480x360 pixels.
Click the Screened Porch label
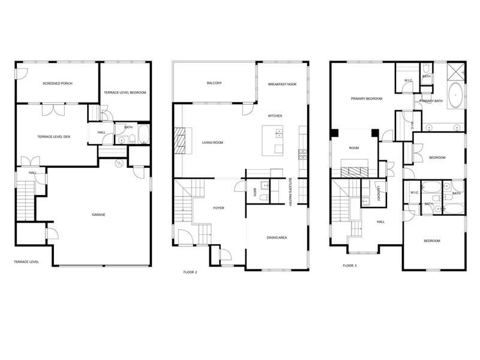58,83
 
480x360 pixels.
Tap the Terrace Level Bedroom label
125,92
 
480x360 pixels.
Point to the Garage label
99,214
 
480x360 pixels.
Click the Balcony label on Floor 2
214,83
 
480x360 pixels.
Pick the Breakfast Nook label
283,85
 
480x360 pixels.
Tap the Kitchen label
275,116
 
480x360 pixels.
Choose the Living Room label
212,142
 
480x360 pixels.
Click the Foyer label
219,208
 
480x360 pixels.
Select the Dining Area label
277,238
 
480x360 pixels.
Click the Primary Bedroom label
367,98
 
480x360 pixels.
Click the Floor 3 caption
350,265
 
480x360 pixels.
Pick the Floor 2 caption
190,272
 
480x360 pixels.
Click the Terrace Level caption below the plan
26,262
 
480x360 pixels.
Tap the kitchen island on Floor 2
275,140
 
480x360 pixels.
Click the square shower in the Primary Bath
455,73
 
